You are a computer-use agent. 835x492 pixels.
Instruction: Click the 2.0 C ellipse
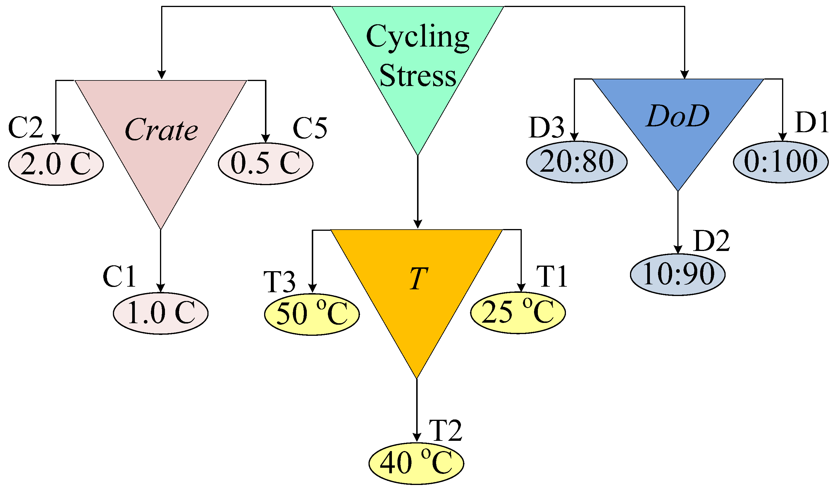point(56,164)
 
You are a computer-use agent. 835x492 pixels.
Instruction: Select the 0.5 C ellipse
point(266,164)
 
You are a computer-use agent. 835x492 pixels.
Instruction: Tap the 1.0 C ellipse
point(161,313)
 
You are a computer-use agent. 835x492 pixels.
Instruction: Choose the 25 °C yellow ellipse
point(518,313)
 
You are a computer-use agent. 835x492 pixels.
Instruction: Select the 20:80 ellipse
point(577,162)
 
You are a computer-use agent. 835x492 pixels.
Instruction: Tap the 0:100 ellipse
point(781,162)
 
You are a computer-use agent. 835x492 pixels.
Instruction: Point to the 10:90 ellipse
point(678,274)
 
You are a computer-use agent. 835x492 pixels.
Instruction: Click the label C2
point(25,128)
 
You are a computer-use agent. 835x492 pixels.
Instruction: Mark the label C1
point(119,276)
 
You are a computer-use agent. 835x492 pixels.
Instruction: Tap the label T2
point(445,431)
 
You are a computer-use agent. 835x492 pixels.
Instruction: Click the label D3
point(547,128)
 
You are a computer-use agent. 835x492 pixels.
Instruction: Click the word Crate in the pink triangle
point(161,130)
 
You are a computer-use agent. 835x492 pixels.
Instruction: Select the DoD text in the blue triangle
point(678,116)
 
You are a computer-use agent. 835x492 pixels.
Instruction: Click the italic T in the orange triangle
point(418,278)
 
